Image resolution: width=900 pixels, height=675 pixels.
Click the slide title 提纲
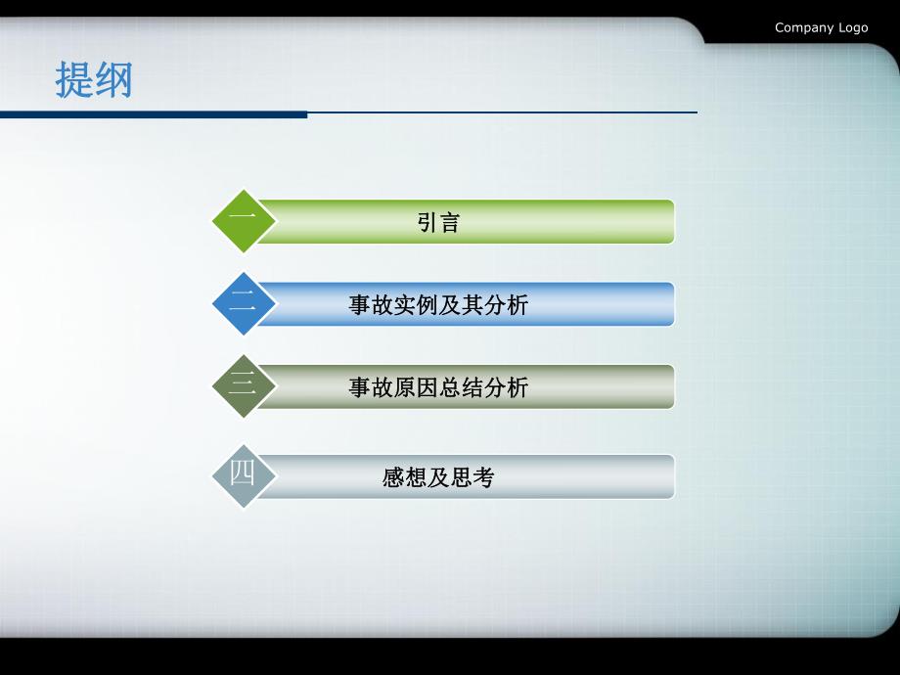pos(93,80)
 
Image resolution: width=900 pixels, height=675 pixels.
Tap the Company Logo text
pos(821,27)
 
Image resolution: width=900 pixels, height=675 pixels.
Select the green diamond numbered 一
pos(244,221)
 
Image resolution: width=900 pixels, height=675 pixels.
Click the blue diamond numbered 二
pos(244,304)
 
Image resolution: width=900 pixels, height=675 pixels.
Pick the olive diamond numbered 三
pos(244,386)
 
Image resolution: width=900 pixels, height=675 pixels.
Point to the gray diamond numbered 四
pos(244,476)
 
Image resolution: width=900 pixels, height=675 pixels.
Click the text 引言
pos(438,222)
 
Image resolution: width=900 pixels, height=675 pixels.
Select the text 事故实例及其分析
pos(438,305)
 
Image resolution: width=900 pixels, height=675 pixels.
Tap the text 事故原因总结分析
pos(438,387)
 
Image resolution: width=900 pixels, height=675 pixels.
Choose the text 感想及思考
pos(438,477)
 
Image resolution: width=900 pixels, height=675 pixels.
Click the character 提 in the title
pos(73,80)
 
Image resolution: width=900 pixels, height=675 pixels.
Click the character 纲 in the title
pos(112,80)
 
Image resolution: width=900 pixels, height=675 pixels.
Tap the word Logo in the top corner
pos(852,27)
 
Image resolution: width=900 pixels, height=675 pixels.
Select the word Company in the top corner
pos(804,27)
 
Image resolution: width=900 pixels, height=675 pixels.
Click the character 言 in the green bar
pos(449,222)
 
